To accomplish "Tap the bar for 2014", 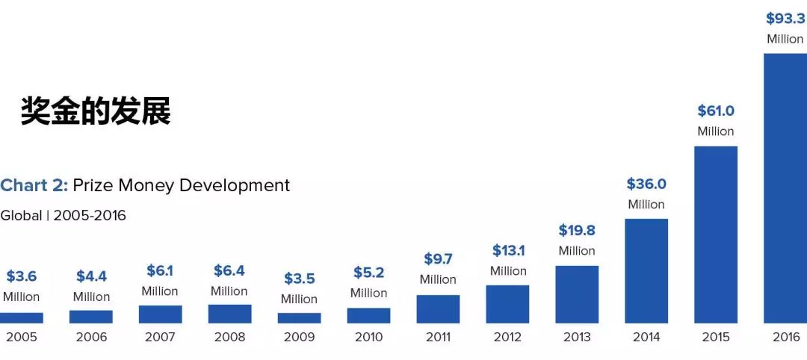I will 646,271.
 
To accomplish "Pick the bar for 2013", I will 577,294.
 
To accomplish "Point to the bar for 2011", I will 438,309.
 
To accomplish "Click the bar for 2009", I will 299,318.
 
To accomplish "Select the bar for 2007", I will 160,314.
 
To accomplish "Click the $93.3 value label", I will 785,19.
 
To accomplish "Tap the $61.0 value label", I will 716,111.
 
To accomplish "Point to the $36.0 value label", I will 646,184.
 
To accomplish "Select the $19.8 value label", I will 577,230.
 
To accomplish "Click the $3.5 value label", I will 299,279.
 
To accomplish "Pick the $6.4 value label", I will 229,270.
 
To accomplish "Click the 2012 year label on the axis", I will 507,337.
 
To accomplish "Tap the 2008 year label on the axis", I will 229,337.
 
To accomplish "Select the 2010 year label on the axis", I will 368,337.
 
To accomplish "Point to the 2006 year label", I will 91,337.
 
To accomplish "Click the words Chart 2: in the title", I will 34,185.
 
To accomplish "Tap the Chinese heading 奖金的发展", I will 96,111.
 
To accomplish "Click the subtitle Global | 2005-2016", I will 63,216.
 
